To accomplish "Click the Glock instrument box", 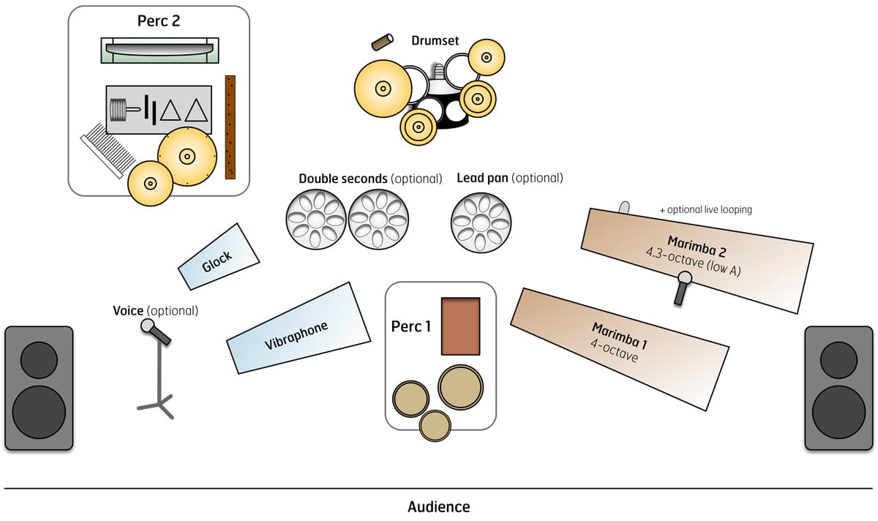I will (218, 257).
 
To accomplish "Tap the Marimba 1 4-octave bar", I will (619, 348).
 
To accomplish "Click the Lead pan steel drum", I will (481, 222).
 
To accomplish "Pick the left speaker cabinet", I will (39, 388).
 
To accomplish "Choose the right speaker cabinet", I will (838, 388).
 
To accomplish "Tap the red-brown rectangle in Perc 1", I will (460, 326).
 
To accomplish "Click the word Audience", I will (438, 506).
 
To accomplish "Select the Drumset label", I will (435, 41).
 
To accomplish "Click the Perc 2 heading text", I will (158, 20).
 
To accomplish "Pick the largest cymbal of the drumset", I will (381, 89).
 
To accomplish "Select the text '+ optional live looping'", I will (705, 210).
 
